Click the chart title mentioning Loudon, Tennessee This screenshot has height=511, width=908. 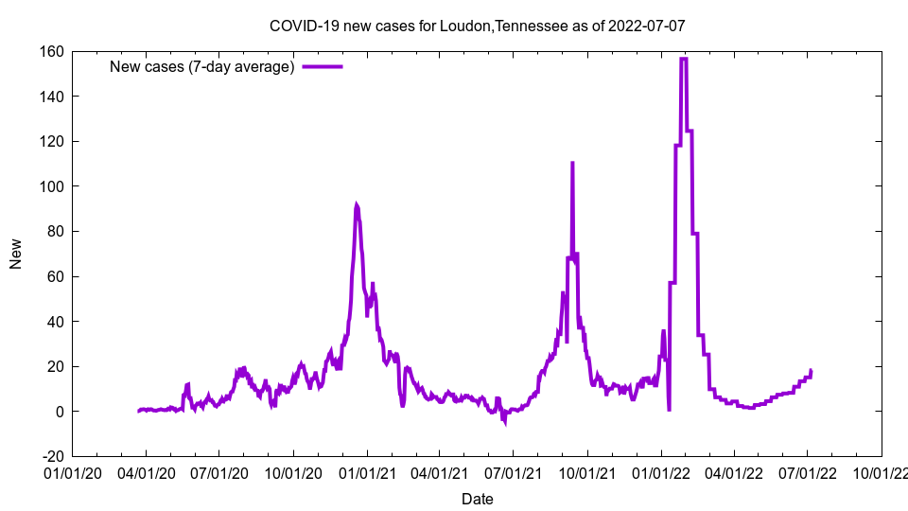pos(477,26)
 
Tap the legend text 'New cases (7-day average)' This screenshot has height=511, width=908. pos(202,66)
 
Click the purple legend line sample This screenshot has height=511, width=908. pos(323,66)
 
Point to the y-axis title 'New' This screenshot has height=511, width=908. pos(16,254)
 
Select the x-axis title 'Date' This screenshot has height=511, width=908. pos(477,499)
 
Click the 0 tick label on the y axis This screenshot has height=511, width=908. pos(60,412)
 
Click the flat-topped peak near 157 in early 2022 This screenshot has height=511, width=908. pos(683,59)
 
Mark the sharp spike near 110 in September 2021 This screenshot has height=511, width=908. pos(572,163)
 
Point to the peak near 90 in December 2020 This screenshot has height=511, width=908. pos(357,204)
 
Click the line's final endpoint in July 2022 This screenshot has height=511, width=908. pos(811,370)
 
